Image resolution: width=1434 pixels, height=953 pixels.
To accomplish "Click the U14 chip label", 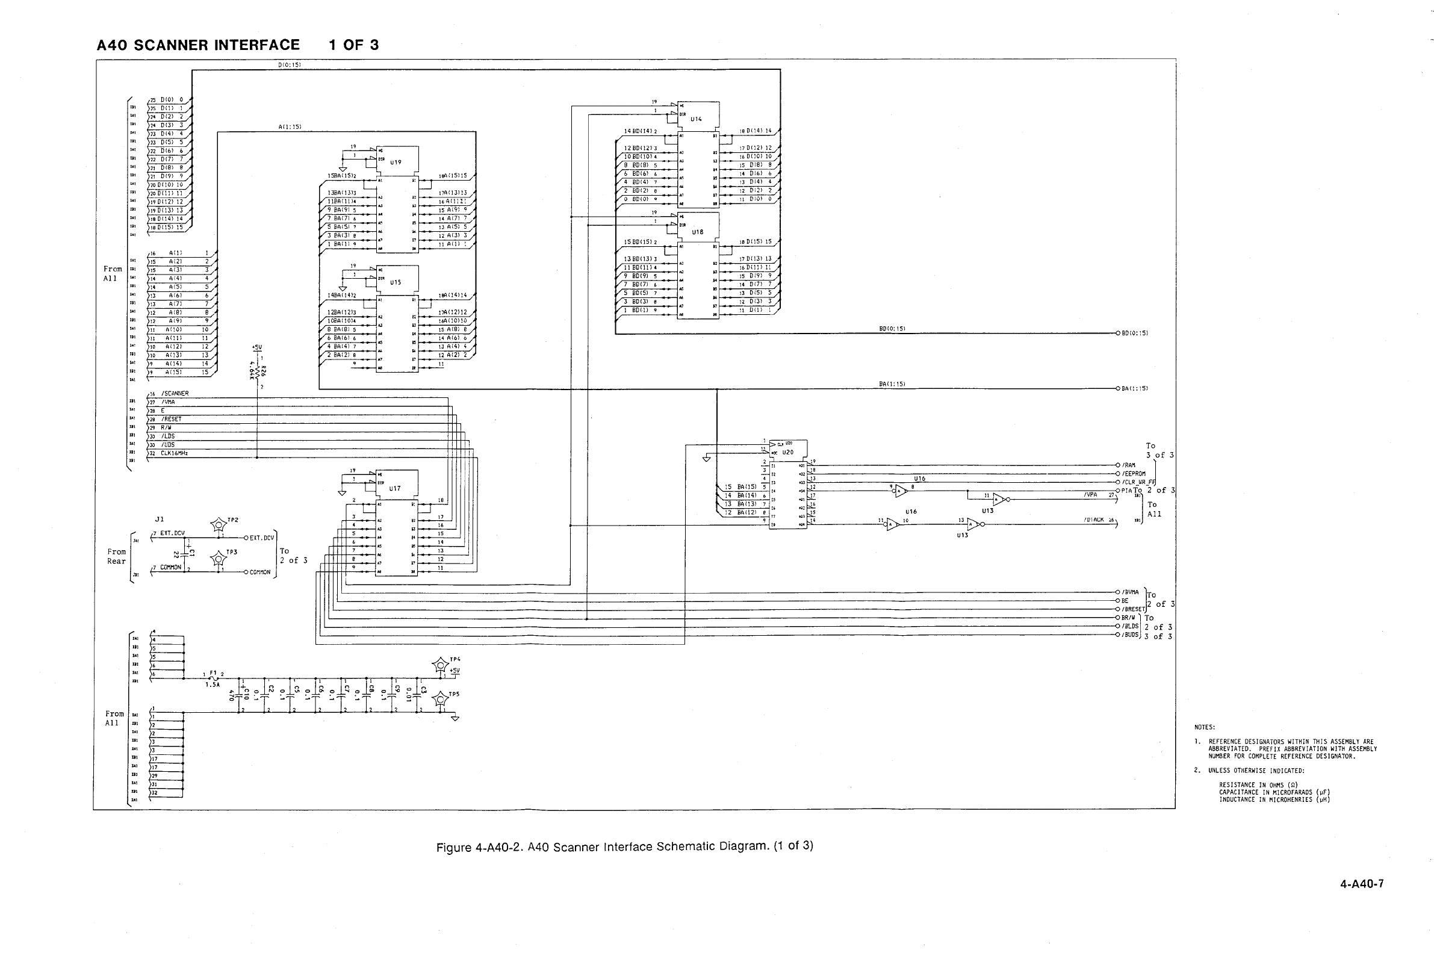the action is click(696, 119).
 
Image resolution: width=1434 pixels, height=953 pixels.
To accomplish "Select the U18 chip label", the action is click(697, 232).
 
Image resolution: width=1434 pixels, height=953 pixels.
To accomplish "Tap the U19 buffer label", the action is click(396, 163).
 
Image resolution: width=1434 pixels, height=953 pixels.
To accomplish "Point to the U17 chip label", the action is click(395, 488).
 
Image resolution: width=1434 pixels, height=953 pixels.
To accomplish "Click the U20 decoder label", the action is click(787, 452).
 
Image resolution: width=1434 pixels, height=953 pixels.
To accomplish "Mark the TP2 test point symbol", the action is click(218, 524).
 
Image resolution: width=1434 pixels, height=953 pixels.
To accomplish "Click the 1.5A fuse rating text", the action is click(212, 684).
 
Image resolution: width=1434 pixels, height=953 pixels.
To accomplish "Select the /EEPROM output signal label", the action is click(1133, 473).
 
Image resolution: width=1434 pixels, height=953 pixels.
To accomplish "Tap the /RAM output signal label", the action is click(1129, 465).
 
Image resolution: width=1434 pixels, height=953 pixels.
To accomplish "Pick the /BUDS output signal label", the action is click(1130, 635).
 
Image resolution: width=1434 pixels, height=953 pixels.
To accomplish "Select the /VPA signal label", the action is click(1091, 495).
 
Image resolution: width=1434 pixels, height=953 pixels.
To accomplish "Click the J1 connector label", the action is click(159, 519).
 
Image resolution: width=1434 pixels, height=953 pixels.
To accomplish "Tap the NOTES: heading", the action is click(1204, 727).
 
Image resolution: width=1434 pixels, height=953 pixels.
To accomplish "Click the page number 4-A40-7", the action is click(1362, 884).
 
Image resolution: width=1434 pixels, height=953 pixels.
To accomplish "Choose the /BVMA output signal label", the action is click(1130, 592).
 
